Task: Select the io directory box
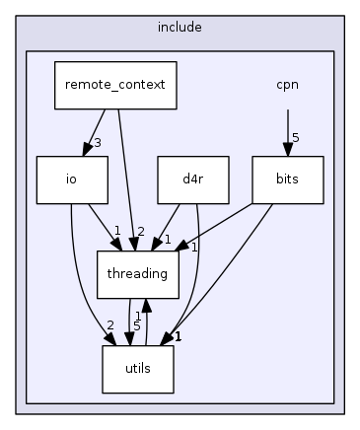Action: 71,179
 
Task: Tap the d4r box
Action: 193,179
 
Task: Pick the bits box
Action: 287,179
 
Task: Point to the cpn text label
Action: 287,84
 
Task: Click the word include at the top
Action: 179,27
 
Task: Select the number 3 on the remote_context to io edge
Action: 98,144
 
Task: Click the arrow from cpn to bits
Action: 287,128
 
